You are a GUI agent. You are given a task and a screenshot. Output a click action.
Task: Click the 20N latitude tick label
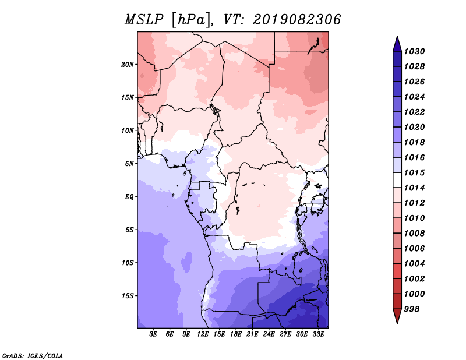point(128,65)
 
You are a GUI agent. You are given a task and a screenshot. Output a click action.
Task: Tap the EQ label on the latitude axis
point(129,197)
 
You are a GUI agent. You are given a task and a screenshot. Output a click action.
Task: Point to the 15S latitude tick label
point(128,296)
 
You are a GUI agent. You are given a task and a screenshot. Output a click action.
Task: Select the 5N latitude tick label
point(129,164)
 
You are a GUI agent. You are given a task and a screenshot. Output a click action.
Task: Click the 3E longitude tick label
point(153,334)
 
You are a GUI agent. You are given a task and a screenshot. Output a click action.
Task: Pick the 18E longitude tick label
point(236,334)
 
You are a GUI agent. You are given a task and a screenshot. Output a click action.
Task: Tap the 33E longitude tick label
point(318,334)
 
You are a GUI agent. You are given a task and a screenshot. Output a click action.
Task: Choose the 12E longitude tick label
point(203,334)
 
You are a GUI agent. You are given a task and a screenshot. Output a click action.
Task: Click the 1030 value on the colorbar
point(414,51)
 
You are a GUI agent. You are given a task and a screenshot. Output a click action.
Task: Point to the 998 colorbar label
point(412,309)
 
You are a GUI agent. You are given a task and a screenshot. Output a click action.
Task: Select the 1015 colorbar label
point(414,172)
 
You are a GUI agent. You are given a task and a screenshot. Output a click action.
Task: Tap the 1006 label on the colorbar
point(414,249)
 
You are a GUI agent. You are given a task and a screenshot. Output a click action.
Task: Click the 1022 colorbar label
point(414,112)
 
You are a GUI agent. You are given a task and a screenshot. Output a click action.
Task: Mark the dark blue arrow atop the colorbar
point(397,44)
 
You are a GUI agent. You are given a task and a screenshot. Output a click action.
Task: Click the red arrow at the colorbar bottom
point(397,316)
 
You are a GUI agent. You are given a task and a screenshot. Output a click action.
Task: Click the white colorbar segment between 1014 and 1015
point(397,180)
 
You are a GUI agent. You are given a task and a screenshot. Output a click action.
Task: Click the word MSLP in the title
point(144,20)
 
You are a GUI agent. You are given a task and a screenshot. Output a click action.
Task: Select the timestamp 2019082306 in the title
point(296,20)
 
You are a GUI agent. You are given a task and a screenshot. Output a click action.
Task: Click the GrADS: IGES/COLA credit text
point(33,356)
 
